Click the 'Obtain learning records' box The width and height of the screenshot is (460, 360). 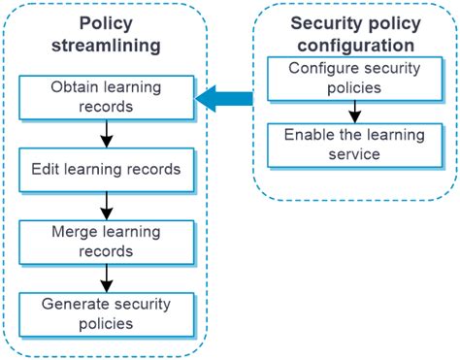(x=107, y=96)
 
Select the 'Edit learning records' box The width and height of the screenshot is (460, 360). (x=107, y=170)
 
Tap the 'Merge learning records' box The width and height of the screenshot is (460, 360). (x=107, y=243)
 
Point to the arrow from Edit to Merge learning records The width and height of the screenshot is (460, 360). (x=107, y=206)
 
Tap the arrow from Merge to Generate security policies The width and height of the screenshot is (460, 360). (x=107, y=278)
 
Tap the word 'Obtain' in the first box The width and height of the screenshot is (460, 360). (x=75, y=87)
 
